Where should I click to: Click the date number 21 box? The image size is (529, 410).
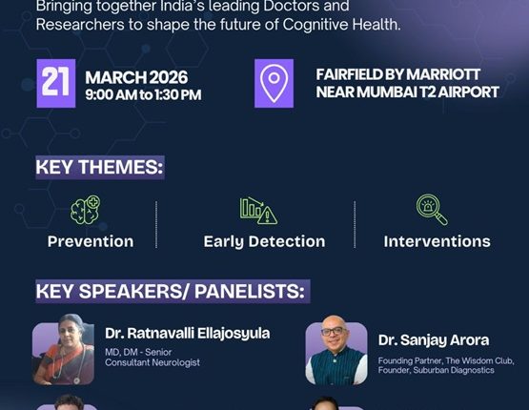[x=56, y=83]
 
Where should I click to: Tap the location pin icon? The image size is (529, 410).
[x=274, y=83]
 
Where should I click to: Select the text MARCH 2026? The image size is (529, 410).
[x=136, y=77]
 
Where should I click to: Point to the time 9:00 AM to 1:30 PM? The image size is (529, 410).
[x=143, y=94]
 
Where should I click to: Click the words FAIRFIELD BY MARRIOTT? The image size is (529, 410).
[x=398, y=74]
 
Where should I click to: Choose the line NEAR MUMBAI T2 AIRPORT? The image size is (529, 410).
[x=408, y=92]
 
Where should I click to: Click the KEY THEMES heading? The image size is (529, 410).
[x=99, y=167]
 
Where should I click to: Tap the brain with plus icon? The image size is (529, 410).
[x=86, y=210]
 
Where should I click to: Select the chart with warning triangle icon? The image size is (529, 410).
[x=258, y=211]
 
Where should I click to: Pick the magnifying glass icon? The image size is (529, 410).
[x=432, y=209]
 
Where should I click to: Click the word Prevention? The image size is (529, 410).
[x=91, y=241]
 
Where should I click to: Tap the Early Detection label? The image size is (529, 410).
[x=265, y=241]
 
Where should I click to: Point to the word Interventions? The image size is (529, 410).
[x=437, y=241]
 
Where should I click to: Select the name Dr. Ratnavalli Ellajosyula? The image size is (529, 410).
[x=187, y=334]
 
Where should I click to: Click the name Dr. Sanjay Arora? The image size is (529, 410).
[x=434, y=340]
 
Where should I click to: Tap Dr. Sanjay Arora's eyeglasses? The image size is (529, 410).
[x=334, y=332]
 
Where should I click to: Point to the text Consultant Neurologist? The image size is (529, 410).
[x=153, y=362]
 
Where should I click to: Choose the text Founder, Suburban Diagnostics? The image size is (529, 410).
[x=436, y=370]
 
